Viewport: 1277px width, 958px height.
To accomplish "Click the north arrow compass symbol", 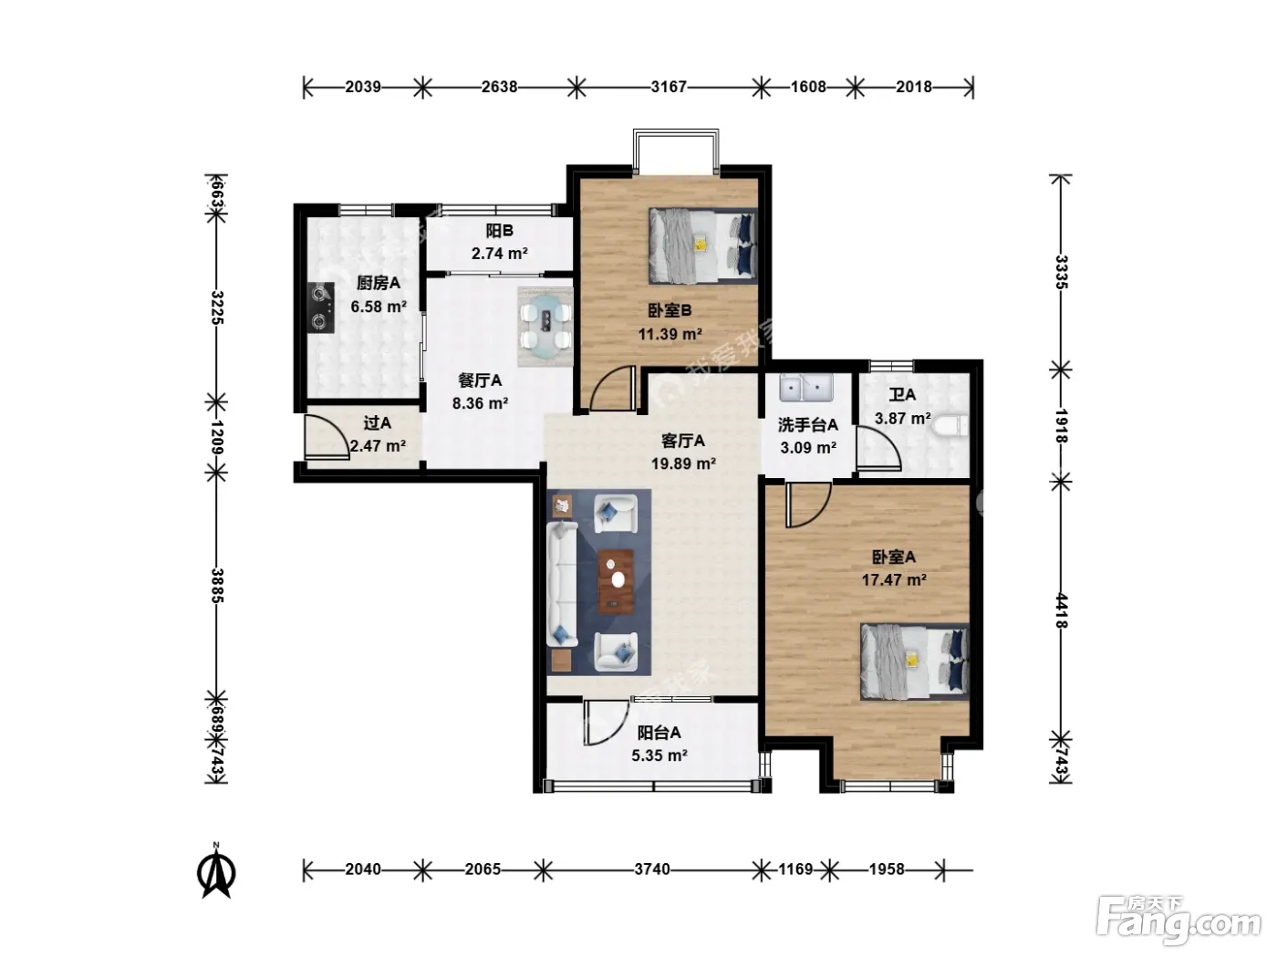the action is pyautogui.click(x=216, y=872).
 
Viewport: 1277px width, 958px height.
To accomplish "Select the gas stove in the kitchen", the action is pyautogui.click(x=321, y=307).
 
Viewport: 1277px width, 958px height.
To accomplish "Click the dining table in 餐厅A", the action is pyautogui.click(x=545, y=327).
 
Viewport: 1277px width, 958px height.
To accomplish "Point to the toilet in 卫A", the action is pyautogui.click(x=950, y=426).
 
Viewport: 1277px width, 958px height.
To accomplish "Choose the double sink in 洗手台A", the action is pyautogui.click(x=806, y=387).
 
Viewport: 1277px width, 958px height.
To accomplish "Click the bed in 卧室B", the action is pyautogui.click(x=702, y=246).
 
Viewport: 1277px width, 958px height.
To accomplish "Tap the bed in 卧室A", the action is pyautogui.click(x=915, y=661).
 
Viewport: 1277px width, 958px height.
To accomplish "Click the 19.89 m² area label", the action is pyautogui.click(x=683, y=463).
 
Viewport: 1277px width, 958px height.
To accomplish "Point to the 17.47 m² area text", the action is pyautogui.click(x=894, y=580).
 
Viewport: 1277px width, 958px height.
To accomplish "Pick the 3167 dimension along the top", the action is pyautogui.click(x=669, y=88).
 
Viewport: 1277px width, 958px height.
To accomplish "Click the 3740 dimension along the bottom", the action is pyautogui.click(x=651, y=869).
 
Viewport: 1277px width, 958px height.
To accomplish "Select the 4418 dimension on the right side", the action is pyautogui.click(x=1061, y=610).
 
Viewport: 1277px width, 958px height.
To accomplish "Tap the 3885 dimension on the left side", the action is pyautogui.click(x=217, y=586).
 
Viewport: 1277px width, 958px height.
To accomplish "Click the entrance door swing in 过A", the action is pyautogui.click(x=327, y=437).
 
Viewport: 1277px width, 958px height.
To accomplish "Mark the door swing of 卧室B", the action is pyautogui.click(x=611, y=388).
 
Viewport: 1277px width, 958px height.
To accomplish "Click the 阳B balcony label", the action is pyautogui.click(x=499, y=231).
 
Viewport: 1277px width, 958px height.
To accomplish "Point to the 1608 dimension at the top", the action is pyautogui.click(x=808, y=88).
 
